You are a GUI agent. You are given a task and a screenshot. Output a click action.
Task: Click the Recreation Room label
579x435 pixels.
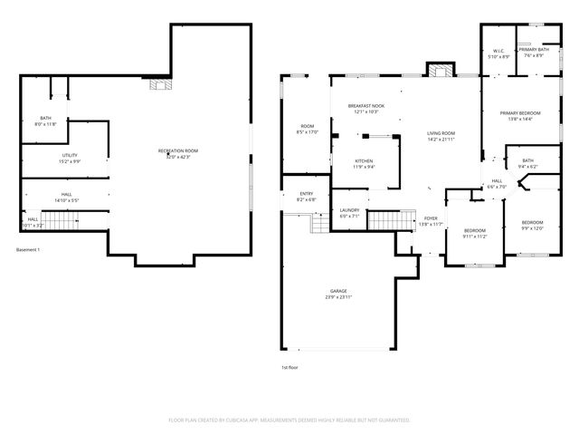(x=178, y=150)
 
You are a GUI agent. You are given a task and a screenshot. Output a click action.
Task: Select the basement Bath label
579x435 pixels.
(x=45, y=119)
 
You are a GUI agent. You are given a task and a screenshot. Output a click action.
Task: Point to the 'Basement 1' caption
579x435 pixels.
(x=28, y=249)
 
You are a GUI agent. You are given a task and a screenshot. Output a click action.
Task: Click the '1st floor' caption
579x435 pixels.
(x=289, y=367)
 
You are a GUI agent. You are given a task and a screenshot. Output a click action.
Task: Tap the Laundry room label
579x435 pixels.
(x=349, y=211)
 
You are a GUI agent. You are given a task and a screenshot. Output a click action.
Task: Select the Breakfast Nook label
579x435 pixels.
(x=366, y=106)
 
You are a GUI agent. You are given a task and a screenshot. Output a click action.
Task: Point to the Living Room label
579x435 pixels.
(x=441, y=134)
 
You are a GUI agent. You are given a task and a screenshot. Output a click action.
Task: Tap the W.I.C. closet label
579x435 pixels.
(x=498, y=52)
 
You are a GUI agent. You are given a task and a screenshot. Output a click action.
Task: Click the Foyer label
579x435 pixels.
(x=431, y=219)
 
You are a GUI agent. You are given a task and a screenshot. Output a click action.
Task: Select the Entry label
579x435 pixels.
(x=306, y=194)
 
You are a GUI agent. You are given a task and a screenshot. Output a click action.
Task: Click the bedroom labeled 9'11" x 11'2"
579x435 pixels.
(x=474, y=231)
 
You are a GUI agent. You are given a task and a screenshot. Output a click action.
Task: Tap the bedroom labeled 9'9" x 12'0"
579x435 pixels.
(x=532, y=223)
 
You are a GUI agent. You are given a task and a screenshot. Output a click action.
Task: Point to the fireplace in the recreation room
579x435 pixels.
(x=159, y=85)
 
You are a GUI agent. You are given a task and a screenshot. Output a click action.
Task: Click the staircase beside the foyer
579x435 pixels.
(x=384, y=219)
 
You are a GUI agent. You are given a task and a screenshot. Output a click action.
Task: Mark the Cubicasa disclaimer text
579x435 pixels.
(x=289, y=420)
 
